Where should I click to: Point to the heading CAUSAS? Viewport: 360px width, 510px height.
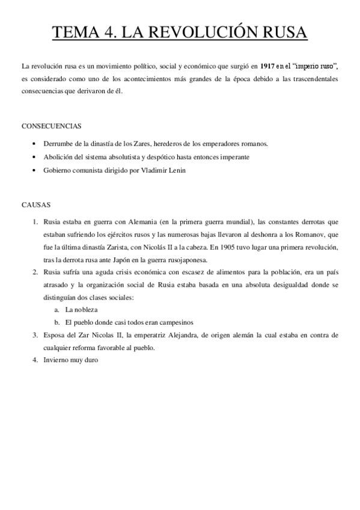tap(36, 204)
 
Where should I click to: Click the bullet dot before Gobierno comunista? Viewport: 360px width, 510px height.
tap(36, 170)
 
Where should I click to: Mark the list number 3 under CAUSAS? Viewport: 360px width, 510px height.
tap(35, 335)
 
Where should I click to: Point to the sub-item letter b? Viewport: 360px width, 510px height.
tap(56, 322)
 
